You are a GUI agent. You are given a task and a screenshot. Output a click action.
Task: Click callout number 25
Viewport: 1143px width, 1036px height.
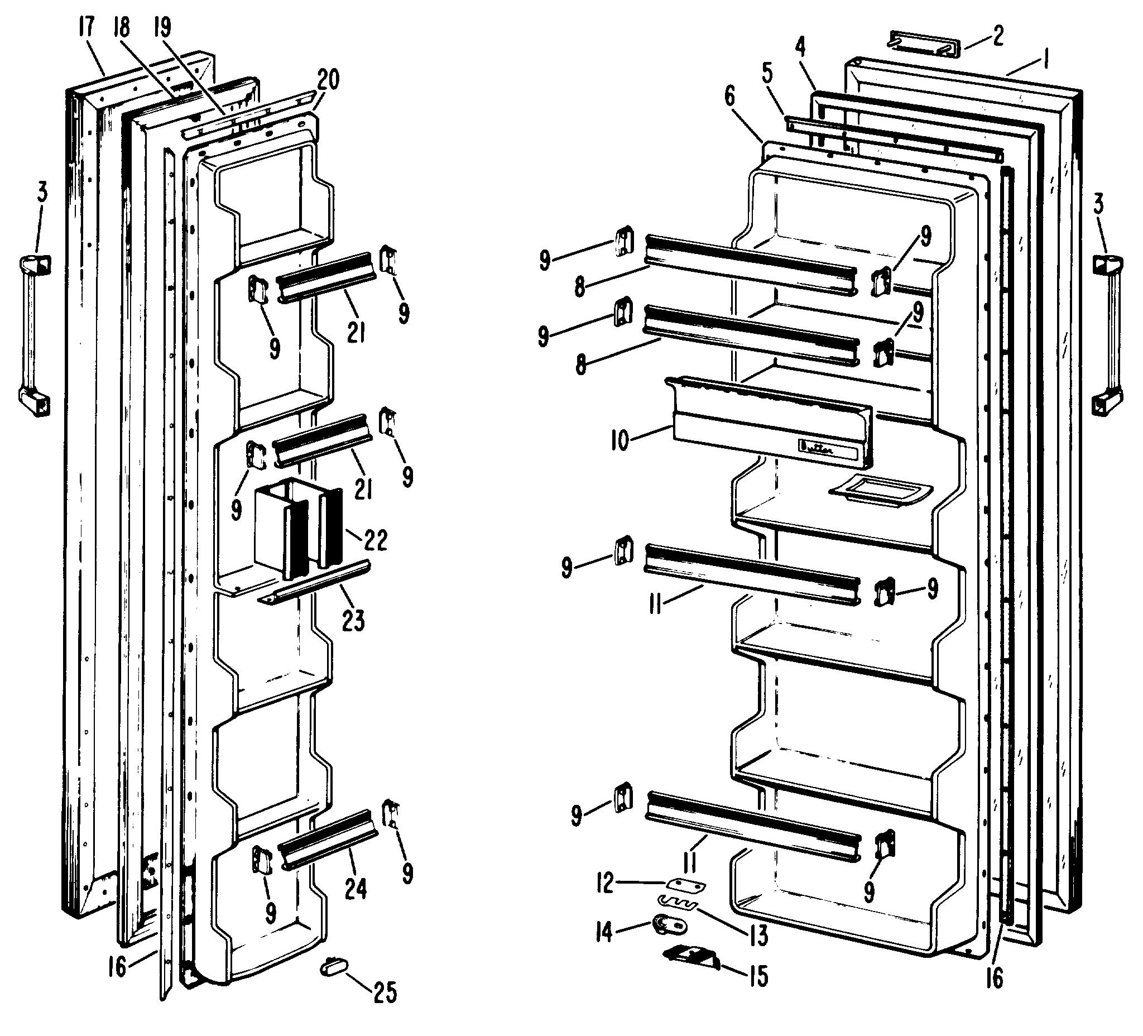coord(385,992)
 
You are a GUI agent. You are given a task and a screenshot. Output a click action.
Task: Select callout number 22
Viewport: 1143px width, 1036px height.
coord(376,540)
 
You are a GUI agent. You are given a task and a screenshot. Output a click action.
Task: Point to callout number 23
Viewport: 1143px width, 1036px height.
coord(353,620)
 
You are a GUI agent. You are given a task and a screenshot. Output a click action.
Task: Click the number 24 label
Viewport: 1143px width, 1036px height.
coord(356,888)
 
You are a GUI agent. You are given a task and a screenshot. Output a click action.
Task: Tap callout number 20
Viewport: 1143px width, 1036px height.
coord(328,80)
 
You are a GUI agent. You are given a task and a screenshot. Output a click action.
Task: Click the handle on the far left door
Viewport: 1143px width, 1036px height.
coord(35,335)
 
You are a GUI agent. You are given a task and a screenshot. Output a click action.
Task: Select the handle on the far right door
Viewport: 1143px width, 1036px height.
coord(1106,335)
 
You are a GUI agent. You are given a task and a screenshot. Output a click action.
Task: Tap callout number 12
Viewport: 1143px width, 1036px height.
coord(605,884)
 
